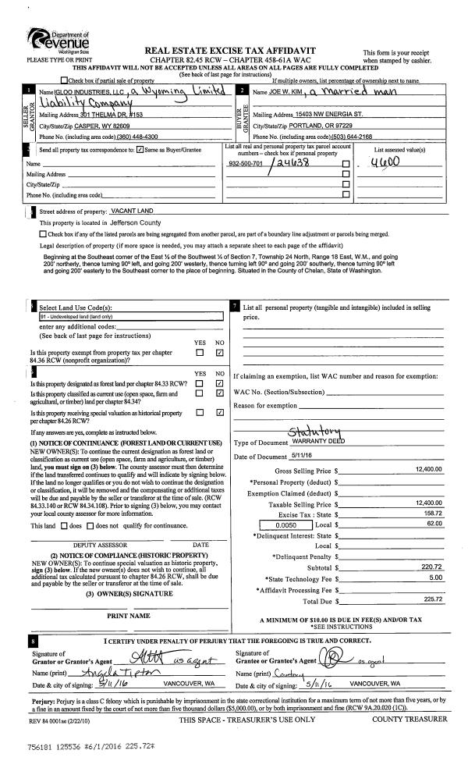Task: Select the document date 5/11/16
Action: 303,456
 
